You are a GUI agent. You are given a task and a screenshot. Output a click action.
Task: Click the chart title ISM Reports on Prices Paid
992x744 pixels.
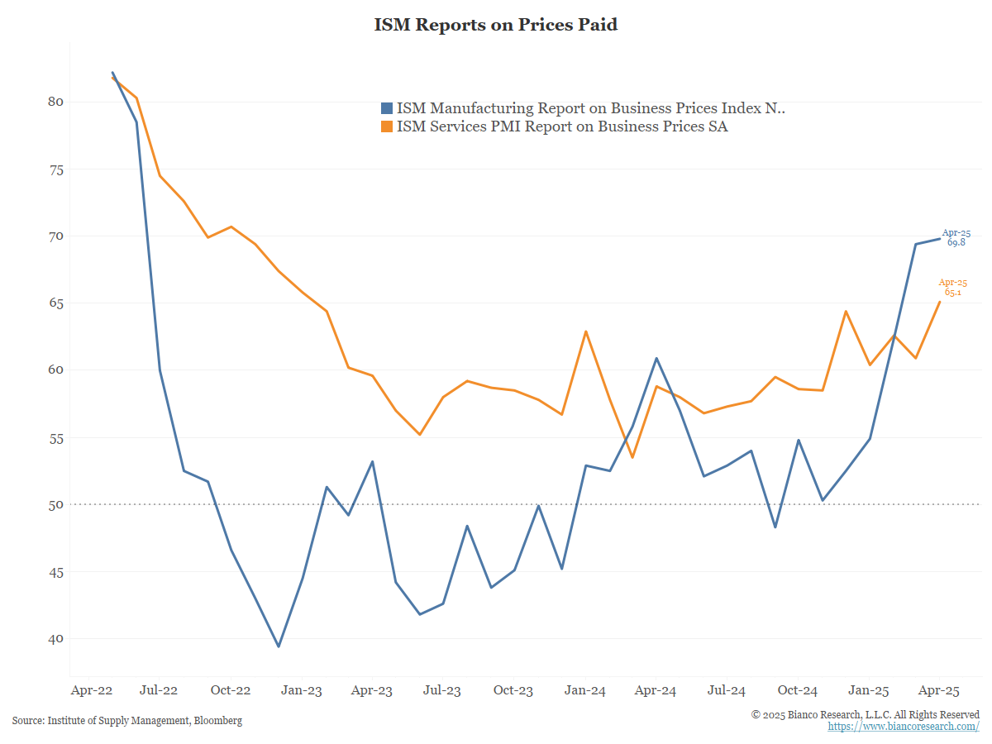click(x=496, y=25)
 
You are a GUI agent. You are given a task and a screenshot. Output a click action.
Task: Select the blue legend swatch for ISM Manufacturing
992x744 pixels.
click(x=386, y=108)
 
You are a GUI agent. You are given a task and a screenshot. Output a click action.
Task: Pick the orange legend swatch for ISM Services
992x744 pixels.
click(x=386, y=126)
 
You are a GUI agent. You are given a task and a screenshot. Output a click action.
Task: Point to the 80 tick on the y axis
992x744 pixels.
click(x=55, y=102)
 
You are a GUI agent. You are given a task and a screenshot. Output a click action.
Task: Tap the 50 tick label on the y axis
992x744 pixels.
click(x=55, y=504)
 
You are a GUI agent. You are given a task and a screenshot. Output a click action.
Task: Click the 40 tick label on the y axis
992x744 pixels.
click(x=55, y=639)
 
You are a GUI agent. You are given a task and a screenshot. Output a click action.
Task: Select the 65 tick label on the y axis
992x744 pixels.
click(x=55, y=303)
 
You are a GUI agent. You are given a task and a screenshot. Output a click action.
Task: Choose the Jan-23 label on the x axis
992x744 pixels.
click(x=302, y=690)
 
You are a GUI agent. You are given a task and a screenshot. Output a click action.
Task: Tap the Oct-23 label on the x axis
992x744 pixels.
click(x=513, y=690)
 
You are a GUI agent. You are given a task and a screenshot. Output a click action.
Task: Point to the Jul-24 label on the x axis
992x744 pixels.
click(x=727, y=690)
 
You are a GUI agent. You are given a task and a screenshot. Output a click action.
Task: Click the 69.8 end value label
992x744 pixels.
click(x=956, y=243)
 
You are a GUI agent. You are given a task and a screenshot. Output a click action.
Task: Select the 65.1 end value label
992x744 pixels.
click(x=953, y=293)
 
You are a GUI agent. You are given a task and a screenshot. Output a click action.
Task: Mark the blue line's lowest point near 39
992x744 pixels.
click(x=279, y=646)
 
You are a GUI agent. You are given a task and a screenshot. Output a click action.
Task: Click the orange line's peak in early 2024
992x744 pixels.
click(x=586, y=331)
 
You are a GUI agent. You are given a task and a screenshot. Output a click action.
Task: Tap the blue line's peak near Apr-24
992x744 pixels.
click(x=656, y=358)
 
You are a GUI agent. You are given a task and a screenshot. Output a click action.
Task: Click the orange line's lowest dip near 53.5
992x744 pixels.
click(x=633, y=457)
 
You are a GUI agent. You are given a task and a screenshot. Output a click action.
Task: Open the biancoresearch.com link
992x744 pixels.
click(x=904, y=726)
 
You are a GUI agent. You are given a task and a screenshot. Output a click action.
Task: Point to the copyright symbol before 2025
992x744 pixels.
click(x=756, y=714)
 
